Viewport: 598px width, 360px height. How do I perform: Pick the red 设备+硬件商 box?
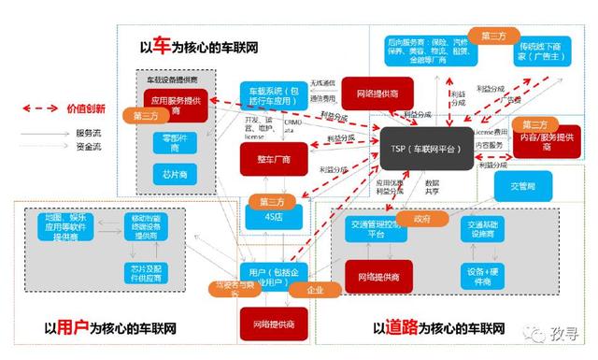click(475, 277)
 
